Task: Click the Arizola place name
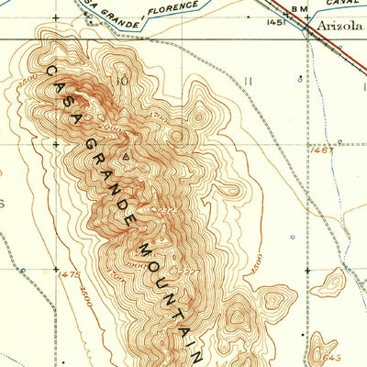pyautogui.click(x=339, y=27)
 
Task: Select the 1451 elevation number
pyautogui.click(x=276, y=20)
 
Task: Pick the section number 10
pyautogui.click(x=120, y=81)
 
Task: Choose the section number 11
pyautogui.click(x=248, y=81)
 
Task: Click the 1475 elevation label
pyautogui.click(x=69, y=273)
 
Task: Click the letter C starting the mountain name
pyautogui.click(x=49, y=72)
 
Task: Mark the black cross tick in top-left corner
pyautogui.click(x=54, y=17)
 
